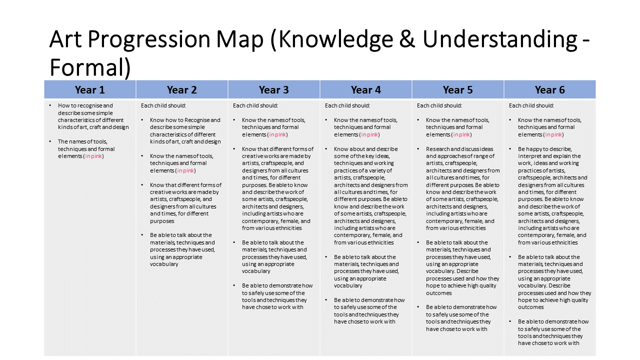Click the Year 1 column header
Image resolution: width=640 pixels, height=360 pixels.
(89, 89)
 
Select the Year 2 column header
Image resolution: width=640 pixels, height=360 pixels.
(181, 89)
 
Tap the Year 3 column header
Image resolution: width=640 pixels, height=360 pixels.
(273, 89)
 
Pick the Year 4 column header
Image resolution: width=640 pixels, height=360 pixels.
(365, 89)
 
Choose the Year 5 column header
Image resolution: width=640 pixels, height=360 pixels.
(457, 89)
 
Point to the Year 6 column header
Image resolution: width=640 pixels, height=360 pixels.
(549, 89)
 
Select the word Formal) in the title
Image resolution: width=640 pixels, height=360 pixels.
(90, 67)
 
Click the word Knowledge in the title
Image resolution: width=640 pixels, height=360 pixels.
(335, 39)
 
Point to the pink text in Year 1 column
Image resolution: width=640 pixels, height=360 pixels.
(93, 156)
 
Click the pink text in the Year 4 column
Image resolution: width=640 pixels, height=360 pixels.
(369, 134)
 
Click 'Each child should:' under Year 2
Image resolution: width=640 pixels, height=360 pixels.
(163, 105)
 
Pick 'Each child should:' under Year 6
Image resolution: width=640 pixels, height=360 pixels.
(531, 105)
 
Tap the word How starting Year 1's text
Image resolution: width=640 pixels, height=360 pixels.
(63, 105)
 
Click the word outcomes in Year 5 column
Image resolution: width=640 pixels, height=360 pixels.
(439, 293)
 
